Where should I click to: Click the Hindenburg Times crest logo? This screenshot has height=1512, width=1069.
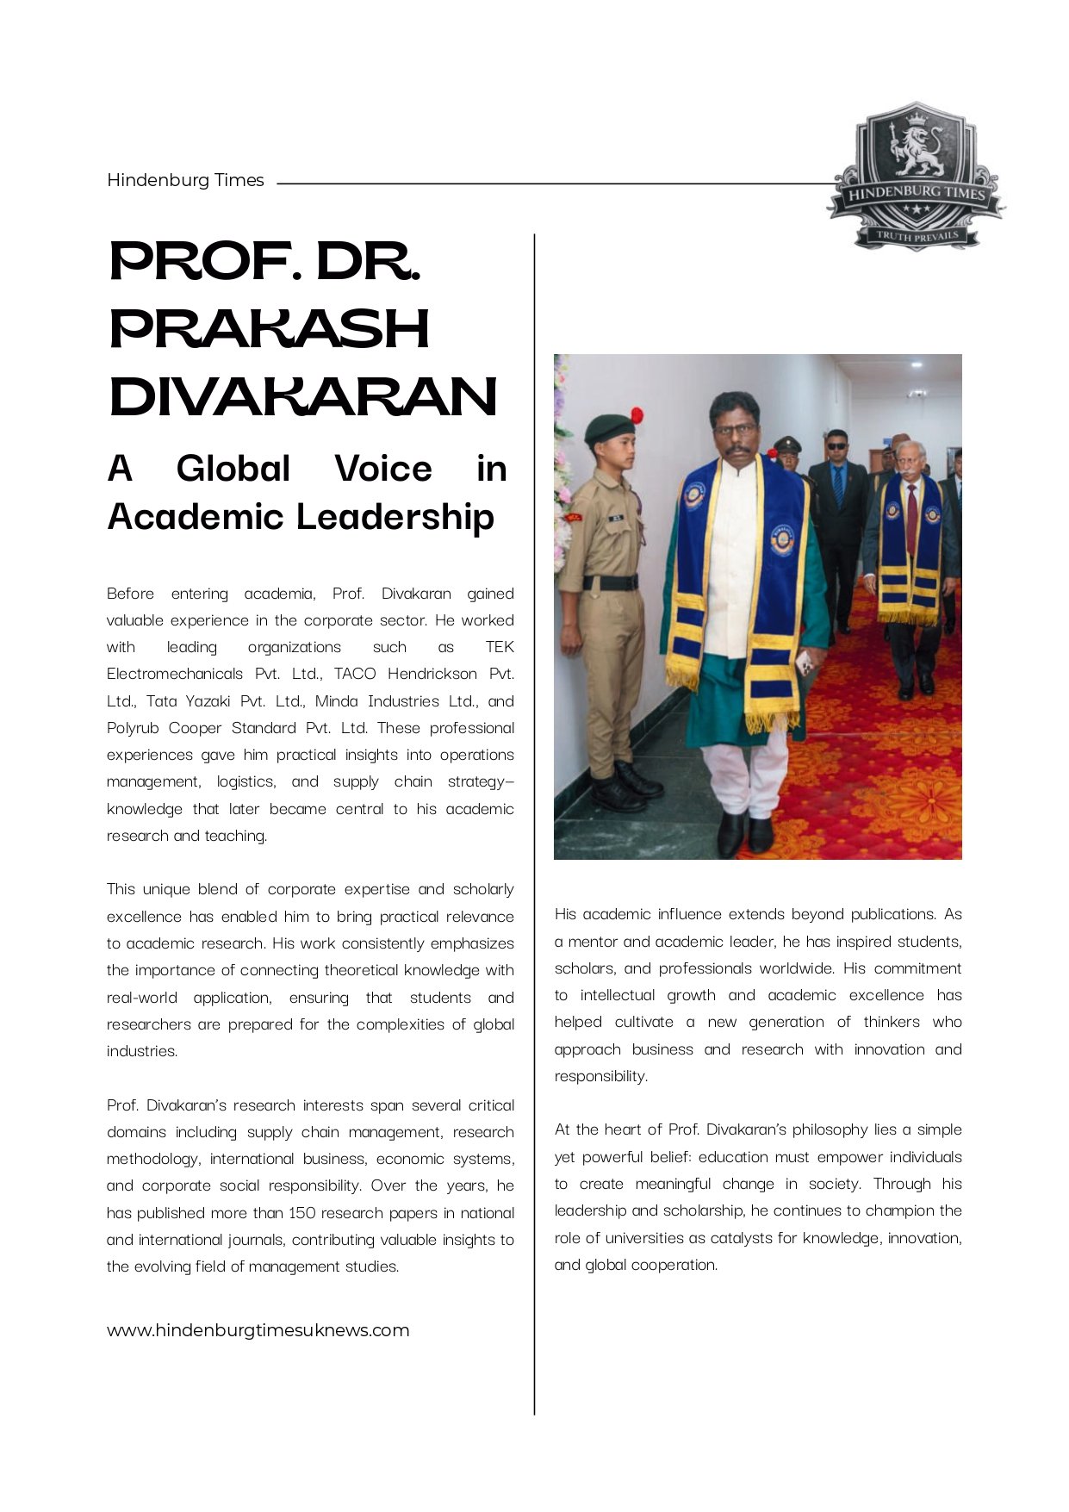point(915,177)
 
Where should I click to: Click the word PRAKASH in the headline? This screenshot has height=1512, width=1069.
point(270,329)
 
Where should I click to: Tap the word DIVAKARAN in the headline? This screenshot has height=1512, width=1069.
point(303,396)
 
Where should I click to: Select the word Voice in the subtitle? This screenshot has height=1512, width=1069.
point(383,470)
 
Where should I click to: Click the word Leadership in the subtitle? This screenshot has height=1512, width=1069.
point(395,517)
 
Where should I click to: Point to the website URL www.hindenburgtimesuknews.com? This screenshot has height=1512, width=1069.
point(258,1330)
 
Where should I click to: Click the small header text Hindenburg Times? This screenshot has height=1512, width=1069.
point(185,180)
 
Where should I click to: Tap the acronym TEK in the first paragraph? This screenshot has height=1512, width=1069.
point(500,647)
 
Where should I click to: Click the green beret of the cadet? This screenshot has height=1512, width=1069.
point(608,426)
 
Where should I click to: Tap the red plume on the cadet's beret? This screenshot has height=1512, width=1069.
point(637,414)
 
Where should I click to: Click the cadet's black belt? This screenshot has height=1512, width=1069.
point(610,582)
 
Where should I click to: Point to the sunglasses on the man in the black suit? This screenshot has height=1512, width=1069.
point(836,446)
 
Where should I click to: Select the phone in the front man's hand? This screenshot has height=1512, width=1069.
point(803,662)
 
